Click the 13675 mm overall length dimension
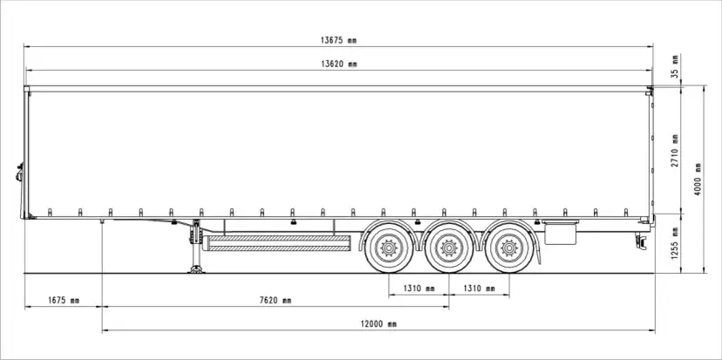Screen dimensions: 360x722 pos(339,40)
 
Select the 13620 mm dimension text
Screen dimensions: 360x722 pos(339,64)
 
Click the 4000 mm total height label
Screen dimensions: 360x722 pos(698,179)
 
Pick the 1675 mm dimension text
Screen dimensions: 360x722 pos(63,301)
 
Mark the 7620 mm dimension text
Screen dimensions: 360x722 pos(276,301)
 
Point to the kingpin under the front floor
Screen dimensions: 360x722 pos(103,226)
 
